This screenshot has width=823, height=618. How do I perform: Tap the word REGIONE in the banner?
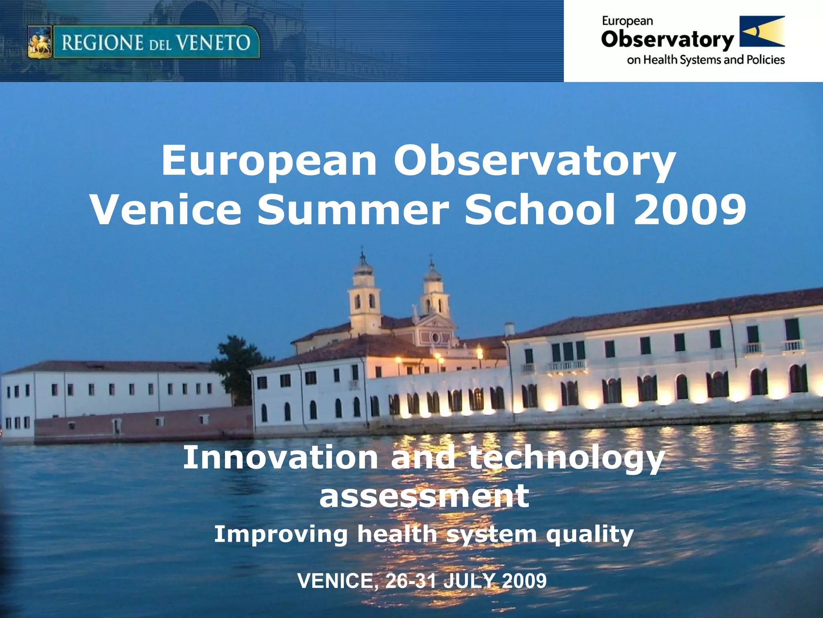[x=103, y=43]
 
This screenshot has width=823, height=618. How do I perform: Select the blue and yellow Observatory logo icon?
[x=762, y=31]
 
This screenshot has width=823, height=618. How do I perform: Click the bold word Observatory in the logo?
[x=667, y=40]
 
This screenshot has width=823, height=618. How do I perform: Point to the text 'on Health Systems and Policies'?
[x=706, y=60]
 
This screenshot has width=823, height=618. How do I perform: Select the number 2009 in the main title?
[x=690, y=210]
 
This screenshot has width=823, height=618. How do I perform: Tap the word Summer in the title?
[x=353, y=210]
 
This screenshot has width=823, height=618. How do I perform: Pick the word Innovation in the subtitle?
[x=280, y=457]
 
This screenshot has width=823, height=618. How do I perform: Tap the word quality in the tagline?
[x=590, y=535]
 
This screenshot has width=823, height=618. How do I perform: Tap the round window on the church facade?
[x=435, y=337]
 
